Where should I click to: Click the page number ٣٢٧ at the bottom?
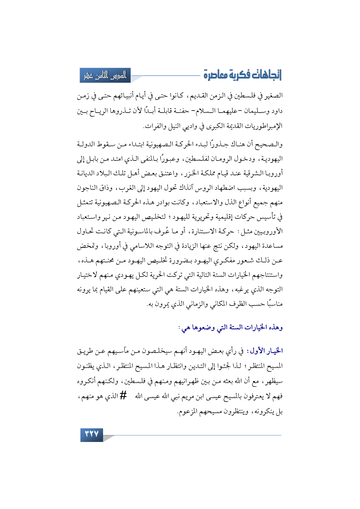[91, 434]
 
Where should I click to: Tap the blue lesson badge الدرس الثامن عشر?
[105, 75]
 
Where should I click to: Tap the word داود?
[276, 111]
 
